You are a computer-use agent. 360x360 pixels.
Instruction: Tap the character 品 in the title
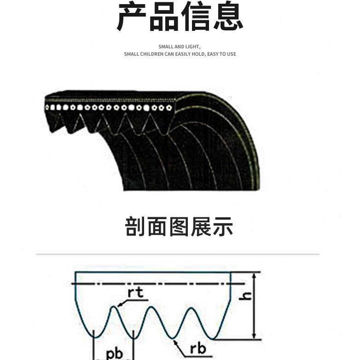[x=164, y=17]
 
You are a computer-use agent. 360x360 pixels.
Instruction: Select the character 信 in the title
[x=195, y=17]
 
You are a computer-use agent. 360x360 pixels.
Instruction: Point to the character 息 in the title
[x=226, y=17]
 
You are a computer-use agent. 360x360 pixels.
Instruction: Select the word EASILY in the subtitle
[x=196, y=54]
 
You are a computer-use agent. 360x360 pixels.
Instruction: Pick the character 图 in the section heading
[x=180, y=227]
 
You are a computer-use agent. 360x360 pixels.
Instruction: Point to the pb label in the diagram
[x=114, y=353]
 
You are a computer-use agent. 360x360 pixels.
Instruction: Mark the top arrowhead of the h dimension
[x=254, y=275]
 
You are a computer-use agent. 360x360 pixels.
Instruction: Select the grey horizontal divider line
[x=178, y=254]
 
